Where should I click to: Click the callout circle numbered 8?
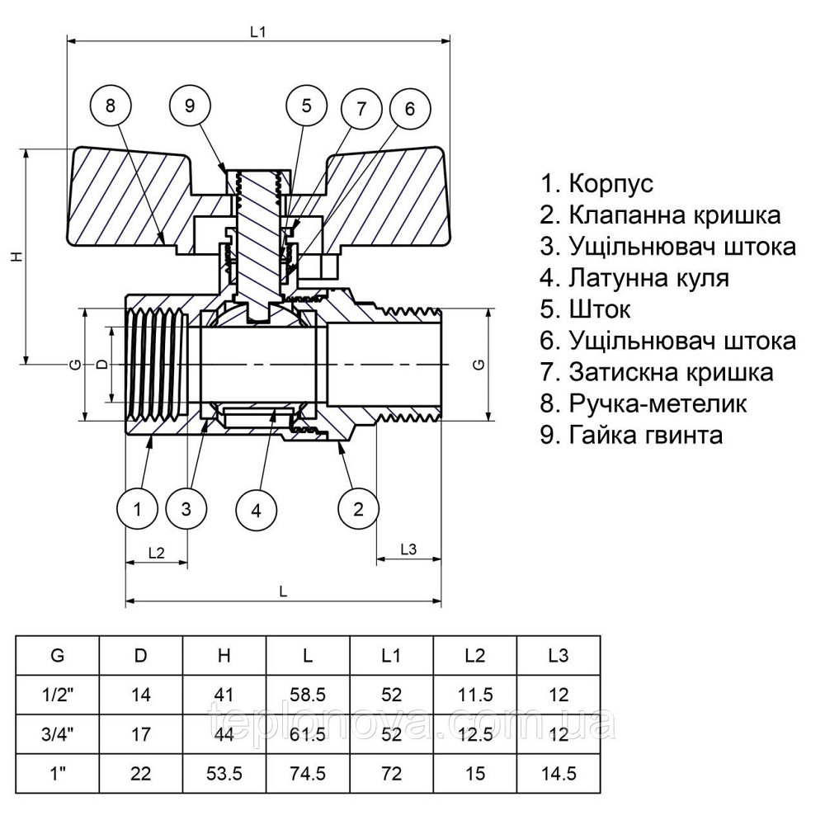point(113,105)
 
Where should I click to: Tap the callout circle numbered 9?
point(190,105)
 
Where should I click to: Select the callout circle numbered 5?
point(307,105)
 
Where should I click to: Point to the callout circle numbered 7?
point(361,108)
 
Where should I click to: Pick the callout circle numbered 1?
point(138,509)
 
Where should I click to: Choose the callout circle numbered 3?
point(186,509)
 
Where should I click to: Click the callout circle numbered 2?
point(358,509)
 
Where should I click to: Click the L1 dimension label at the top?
point(259,31)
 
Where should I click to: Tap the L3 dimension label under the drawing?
point(409,549)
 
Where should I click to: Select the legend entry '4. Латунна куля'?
point(635,278)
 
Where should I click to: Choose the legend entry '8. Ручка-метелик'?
point(643,403)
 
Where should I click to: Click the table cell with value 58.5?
point(308,695)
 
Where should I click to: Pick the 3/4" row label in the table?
point(58,734)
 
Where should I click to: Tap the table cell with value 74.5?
point(308,774)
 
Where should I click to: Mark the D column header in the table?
point(141,656)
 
